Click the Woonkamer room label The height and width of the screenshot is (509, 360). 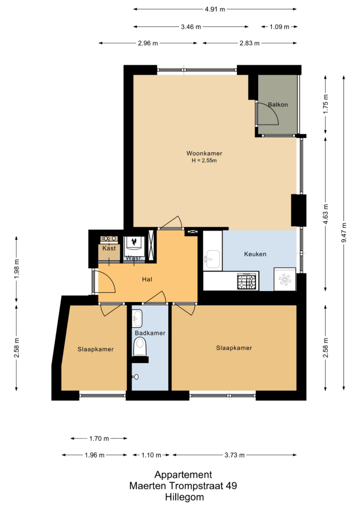point(204,153)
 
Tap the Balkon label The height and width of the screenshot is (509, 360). point(278,105)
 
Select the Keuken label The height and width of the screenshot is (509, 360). point(255,254)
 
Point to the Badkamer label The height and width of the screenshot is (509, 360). point(150,333)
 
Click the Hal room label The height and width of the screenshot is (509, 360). point(147,279)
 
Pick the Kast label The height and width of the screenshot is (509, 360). point(109,248)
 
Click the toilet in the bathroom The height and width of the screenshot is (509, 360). point(140,347)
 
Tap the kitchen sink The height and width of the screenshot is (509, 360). point(212,260)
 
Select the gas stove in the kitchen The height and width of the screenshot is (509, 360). point(247,281)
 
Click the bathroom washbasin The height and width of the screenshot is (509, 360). point(137,319)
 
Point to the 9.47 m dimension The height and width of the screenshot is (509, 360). point(344,232)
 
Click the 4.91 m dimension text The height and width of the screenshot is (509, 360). point(215,9)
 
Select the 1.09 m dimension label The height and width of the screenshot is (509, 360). point(279,27)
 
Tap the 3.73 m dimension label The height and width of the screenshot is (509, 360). point(235,455)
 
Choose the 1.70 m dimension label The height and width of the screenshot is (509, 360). point(99,439)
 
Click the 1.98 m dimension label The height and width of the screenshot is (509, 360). point(17,269)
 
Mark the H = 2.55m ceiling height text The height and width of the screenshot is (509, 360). point(204,160)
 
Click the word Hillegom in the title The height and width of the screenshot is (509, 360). point(184,497)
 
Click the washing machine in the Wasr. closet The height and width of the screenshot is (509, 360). point(134,246)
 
